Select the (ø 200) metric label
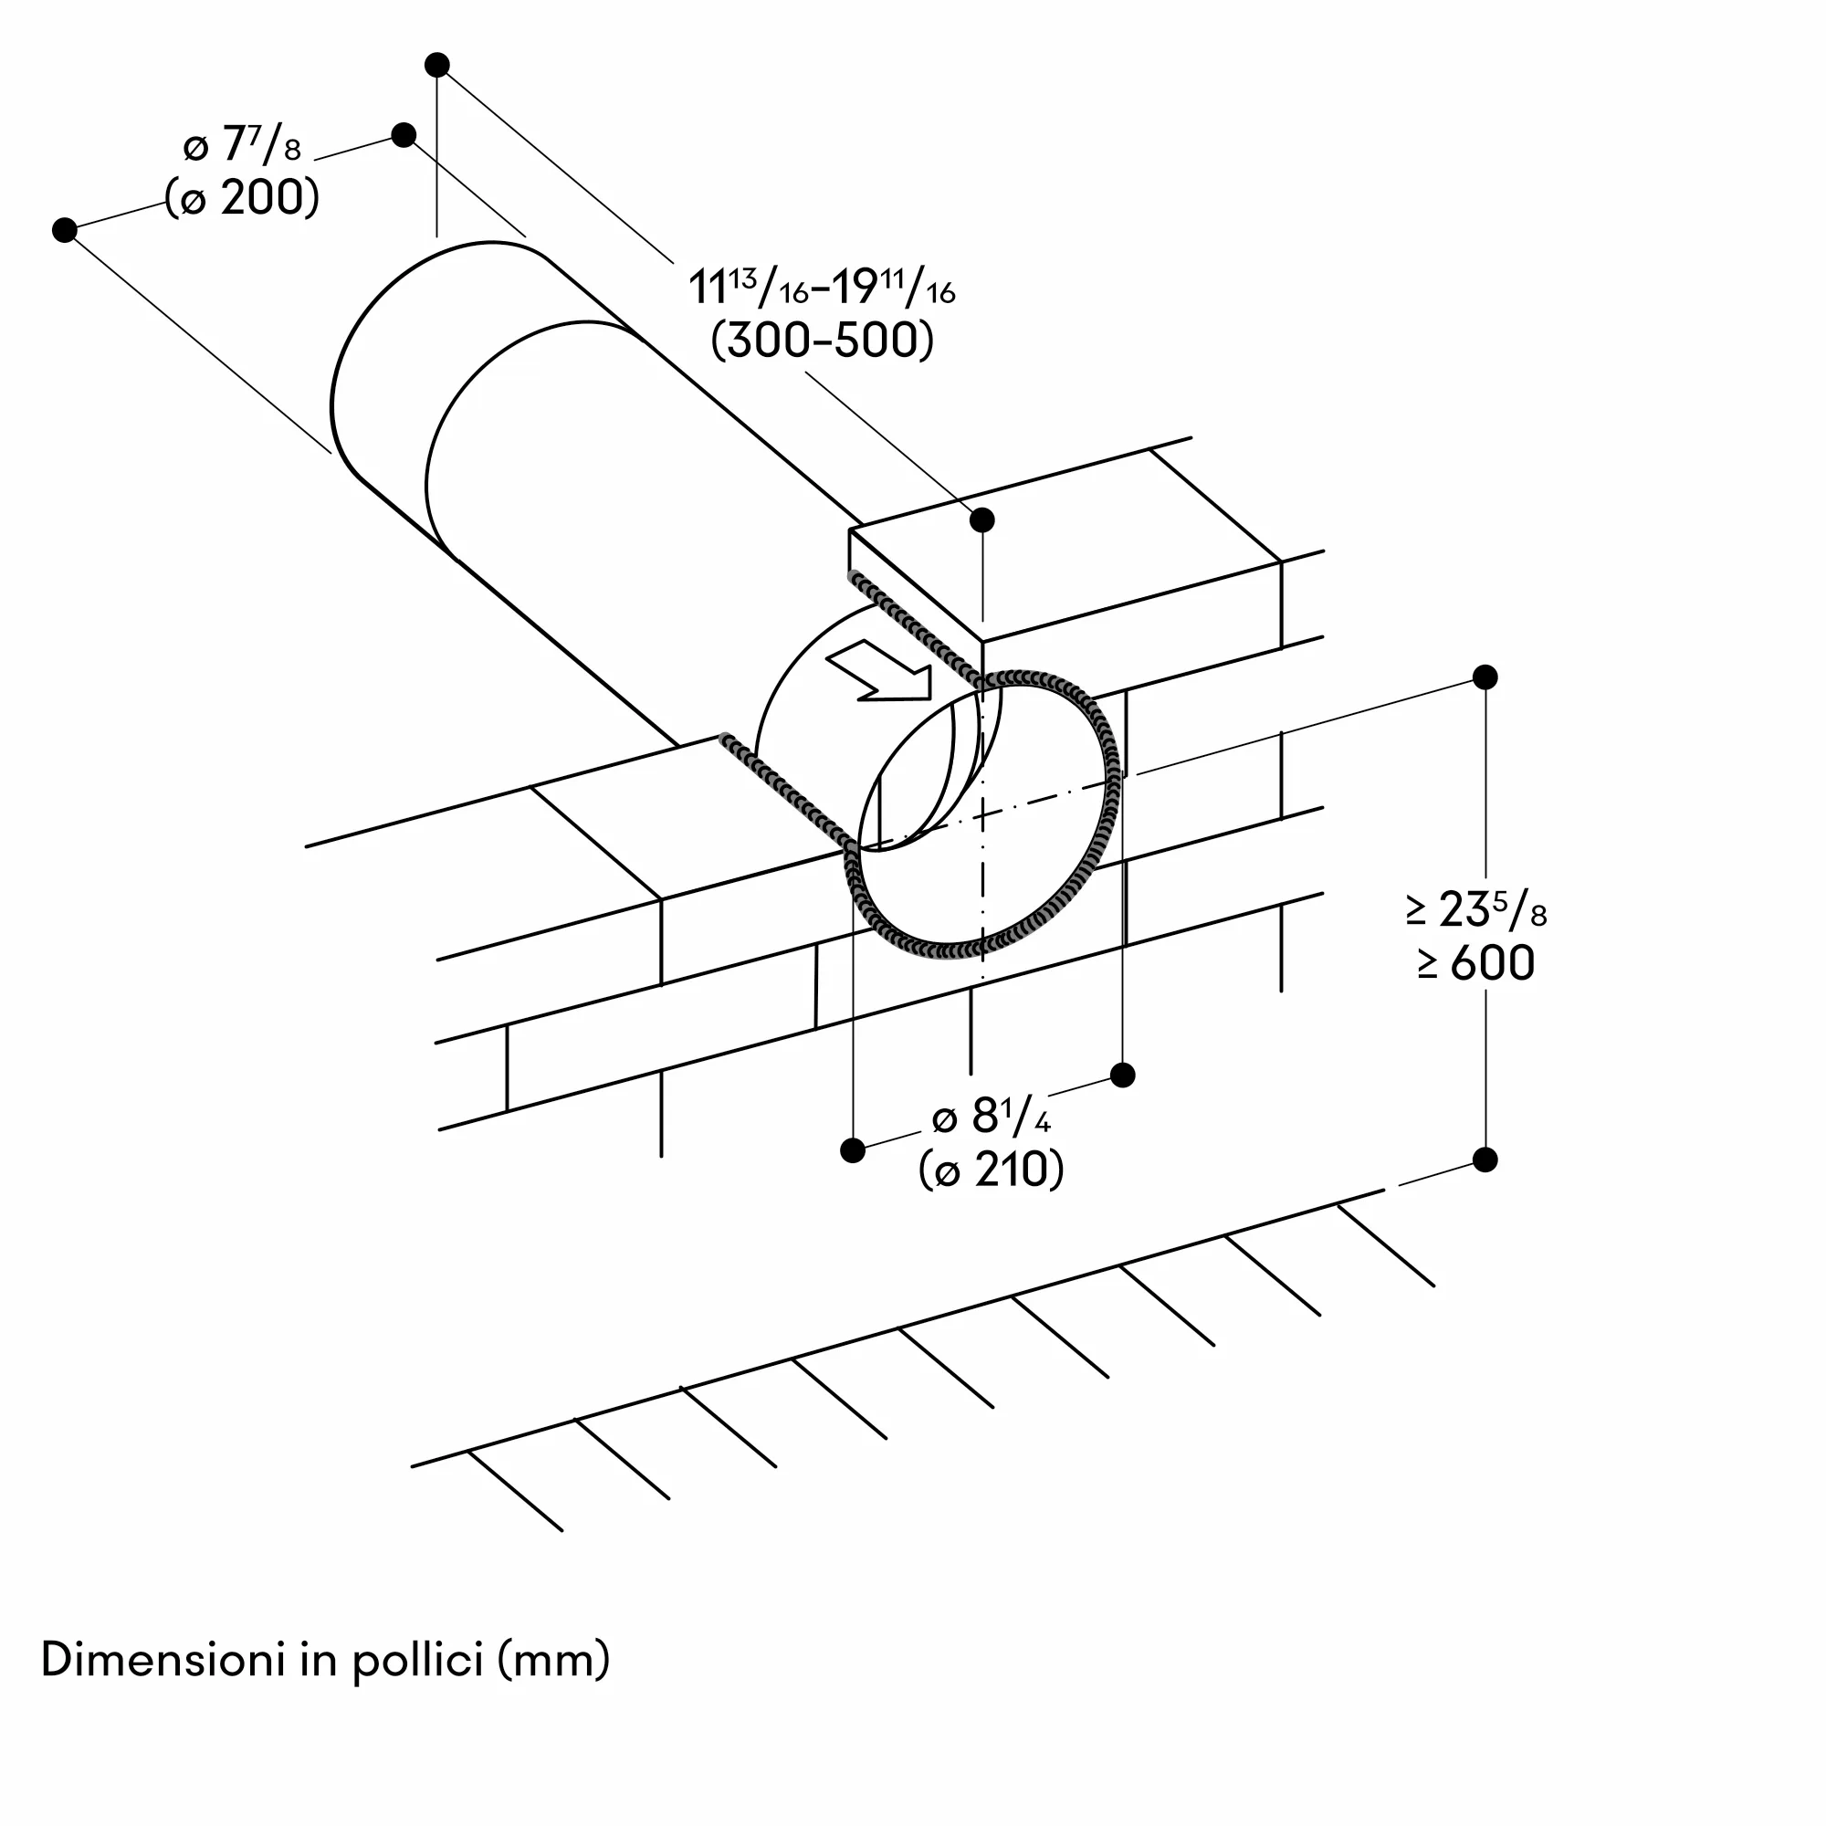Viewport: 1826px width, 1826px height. tap(242, 198)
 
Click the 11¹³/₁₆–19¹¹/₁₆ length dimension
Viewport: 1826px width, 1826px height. tap(823, 287)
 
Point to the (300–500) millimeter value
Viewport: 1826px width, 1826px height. tap(823, 341)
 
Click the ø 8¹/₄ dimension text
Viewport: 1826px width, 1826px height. tap(992, 1118)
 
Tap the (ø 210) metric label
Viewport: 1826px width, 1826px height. tap(992, 1170)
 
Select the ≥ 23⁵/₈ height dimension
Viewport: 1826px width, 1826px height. tap(1476, 910)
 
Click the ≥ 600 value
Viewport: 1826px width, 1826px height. tap(1476, 963)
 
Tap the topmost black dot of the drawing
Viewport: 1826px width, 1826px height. tap(436, 64)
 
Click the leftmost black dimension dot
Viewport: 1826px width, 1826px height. tap(64, 230)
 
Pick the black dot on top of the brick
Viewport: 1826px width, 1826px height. tap(983, 519)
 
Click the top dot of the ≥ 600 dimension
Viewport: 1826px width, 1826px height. tap(1485, 677)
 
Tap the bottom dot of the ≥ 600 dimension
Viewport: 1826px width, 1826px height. tap(1485, 1160)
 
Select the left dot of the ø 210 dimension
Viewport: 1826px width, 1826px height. tap(853, 1150)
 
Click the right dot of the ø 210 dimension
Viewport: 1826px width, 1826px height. tap(1123, 1075)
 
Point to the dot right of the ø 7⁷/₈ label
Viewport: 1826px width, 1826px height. tap(404, 134)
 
